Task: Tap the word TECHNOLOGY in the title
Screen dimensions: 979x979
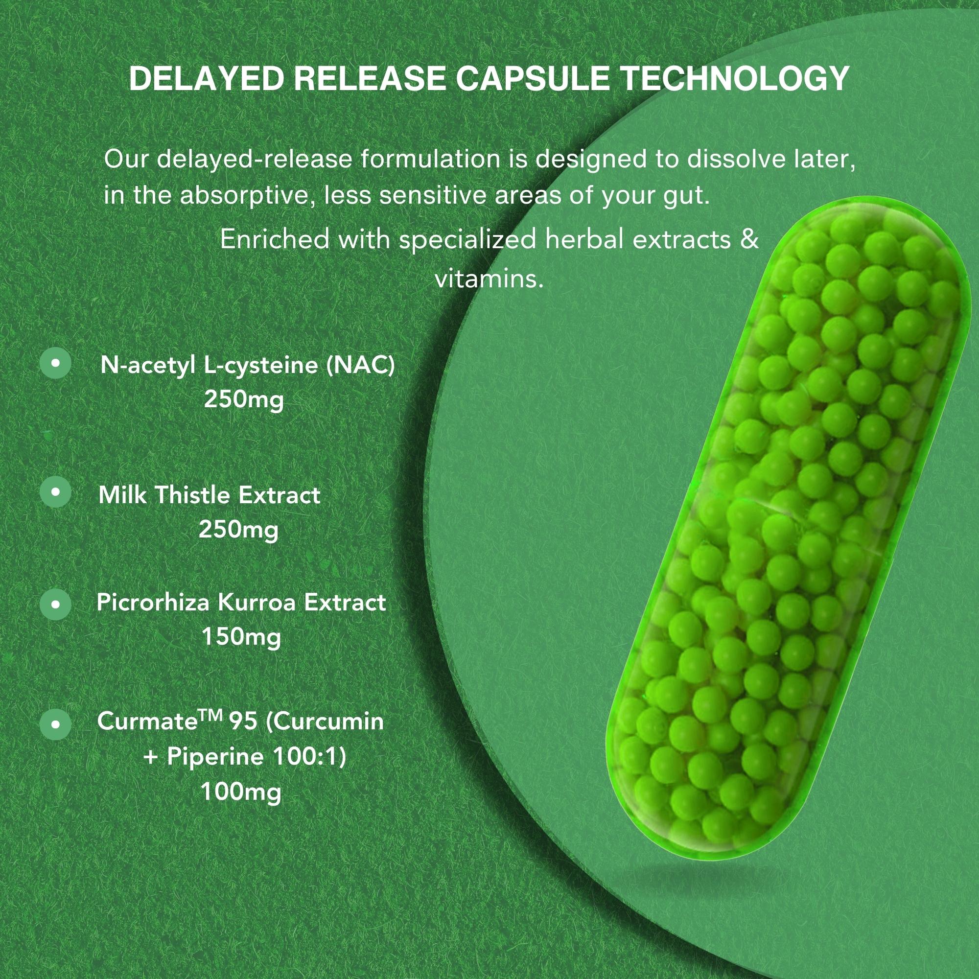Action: (735, 78)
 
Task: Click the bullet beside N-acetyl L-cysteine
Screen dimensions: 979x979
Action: (55, 363)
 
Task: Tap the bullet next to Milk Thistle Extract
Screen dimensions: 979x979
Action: (55, 491)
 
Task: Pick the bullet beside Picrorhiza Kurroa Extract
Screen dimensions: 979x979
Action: (55, 604)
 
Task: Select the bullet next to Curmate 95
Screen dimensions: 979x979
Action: (55, 724)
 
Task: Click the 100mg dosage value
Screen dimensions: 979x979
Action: (241, 793)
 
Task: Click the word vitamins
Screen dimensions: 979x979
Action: (489, 278)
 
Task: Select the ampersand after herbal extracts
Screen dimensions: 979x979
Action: (749, 239)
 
